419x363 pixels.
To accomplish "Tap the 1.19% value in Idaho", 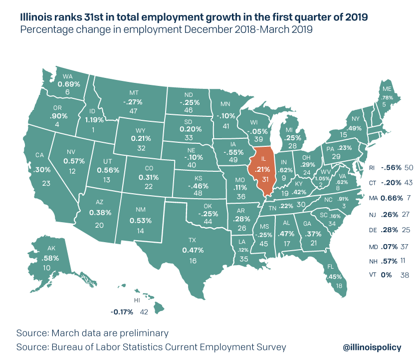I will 94,120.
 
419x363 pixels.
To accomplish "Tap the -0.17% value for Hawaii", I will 122,312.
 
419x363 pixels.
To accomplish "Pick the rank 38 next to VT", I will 407,275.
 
